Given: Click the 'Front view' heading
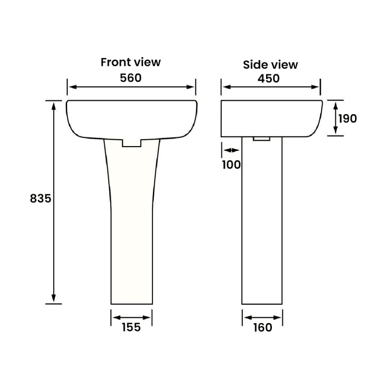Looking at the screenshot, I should pos(131,62).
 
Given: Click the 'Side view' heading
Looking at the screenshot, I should pos(270,64).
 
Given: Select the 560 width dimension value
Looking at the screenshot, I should pos(131,77).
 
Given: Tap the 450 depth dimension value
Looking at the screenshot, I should pos(269,78).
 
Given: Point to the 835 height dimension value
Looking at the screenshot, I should pos(41,198).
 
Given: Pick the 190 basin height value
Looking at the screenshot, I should pos(347,118).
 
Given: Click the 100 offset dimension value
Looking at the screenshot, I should pos(231,164).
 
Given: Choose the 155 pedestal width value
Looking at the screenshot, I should pos(131,327).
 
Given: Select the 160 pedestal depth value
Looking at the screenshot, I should pos(262,327).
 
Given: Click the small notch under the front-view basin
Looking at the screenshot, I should pos(131,142).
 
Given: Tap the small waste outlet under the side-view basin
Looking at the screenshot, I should pos(261,138).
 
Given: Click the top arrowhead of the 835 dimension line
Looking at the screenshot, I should pos(54,104).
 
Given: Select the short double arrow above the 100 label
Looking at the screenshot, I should pos(231,150).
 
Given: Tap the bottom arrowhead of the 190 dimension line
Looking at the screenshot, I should pos(335,131).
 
